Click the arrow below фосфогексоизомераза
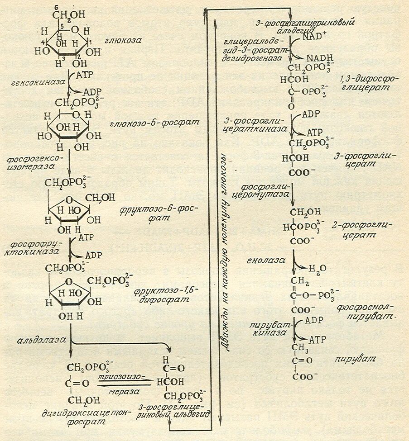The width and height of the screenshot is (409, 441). (x=69, y=166)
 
